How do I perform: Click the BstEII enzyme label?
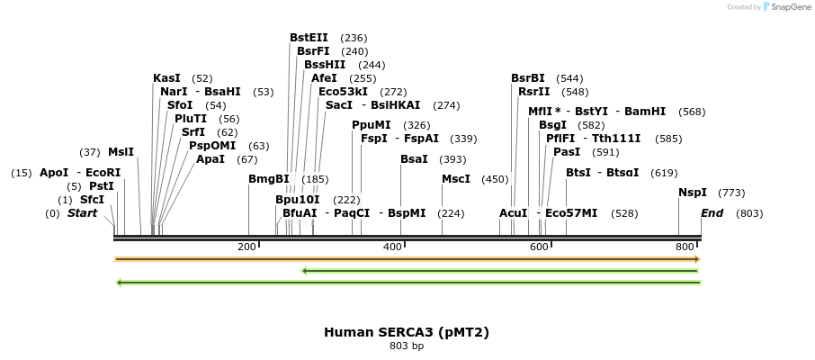(x=309, y=38)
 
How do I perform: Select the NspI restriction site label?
(x=693, y=193)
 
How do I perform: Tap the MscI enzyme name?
(x=456, y=179)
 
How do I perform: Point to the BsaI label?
(x=415, y=159)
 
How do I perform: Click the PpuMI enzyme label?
(x=372, y=125)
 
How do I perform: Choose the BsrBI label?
(x=528, y=78)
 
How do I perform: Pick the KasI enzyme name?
(x=167, y=78)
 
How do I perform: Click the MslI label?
(x=121, y=152)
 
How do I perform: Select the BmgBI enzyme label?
(x=269, y=179)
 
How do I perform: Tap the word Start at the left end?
(x=82, y=213)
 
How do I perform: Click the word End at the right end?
(x=712, y=213)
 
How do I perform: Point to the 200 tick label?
(x=246, y=247)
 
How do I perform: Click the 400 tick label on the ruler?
(x=392, y=247)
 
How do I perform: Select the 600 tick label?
(x=539, y=247)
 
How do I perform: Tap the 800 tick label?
(x=685, y=247)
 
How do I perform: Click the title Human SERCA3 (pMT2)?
(x=407, y=332)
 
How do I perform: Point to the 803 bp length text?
(x=407, y=346)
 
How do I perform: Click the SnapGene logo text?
(x=789, y=7)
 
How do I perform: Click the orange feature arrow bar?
(x=407, y=259)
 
